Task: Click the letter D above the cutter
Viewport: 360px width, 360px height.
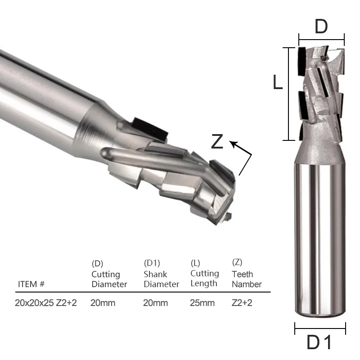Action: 321,27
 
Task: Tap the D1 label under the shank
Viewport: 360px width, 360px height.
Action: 319,342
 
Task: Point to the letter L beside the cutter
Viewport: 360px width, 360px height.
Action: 278,82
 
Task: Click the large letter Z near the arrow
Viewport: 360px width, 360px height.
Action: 217,141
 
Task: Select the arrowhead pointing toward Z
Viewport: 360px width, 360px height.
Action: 234,144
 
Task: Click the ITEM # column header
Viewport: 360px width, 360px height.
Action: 31,284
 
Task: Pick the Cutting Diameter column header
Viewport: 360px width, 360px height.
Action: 109,279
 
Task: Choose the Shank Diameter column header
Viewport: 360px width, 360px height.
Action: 161,279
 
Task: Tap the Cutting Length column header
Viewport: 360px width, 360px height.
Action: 205,278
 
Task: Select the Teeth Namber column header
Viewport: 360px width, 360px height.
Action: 247,279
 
